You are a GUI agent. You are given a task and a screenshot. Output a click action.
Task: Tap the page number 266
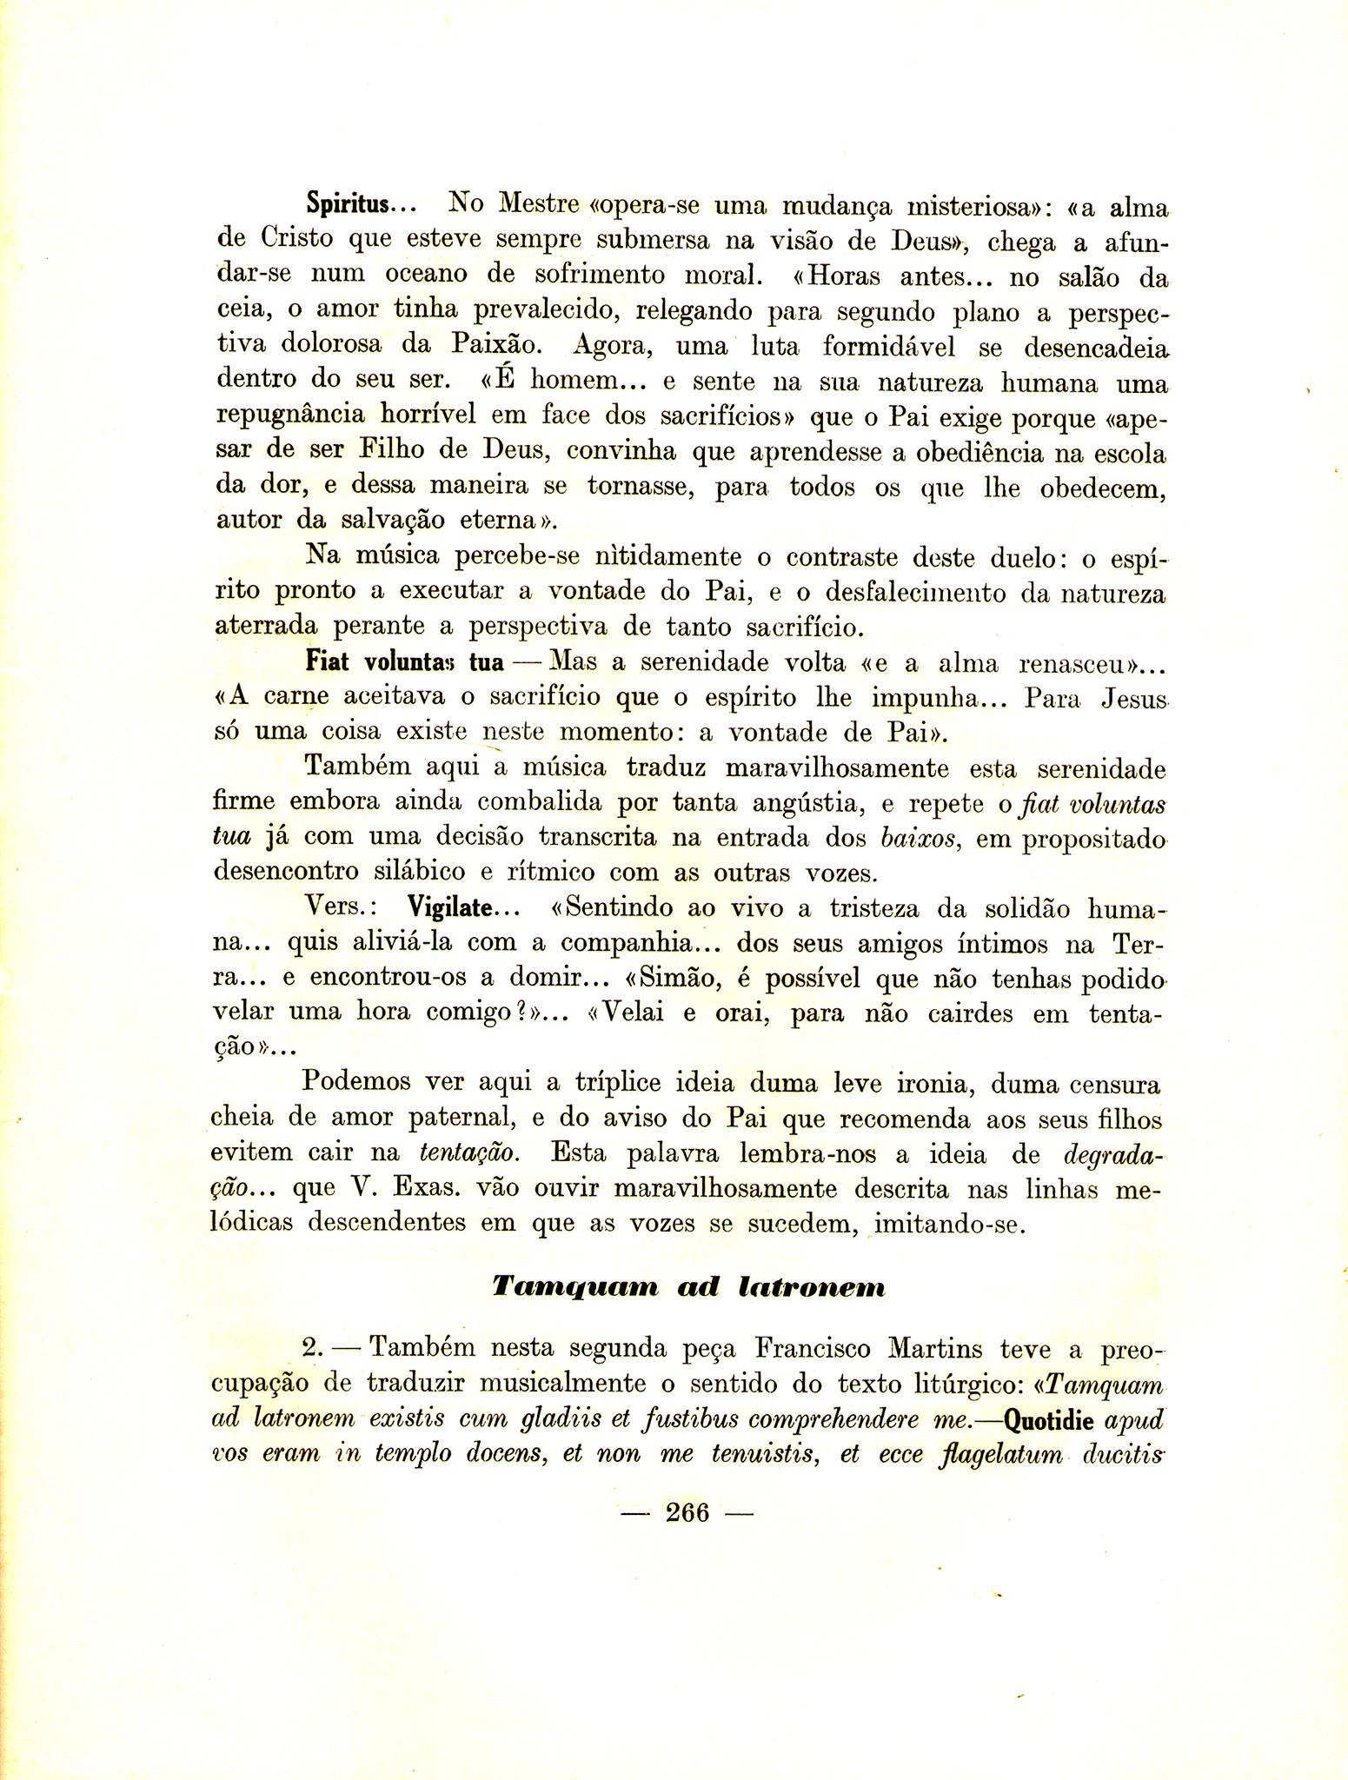pyautogui.click(x=687, y=1512)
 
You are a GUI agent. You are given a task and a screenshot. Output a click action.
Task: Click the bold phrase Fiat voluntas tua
pyautogui.click(x=404, y=662)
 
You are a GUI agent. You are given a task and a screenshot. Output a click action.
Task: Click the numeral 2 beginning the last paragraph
pyautogui.click(x=311, y=1350)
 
